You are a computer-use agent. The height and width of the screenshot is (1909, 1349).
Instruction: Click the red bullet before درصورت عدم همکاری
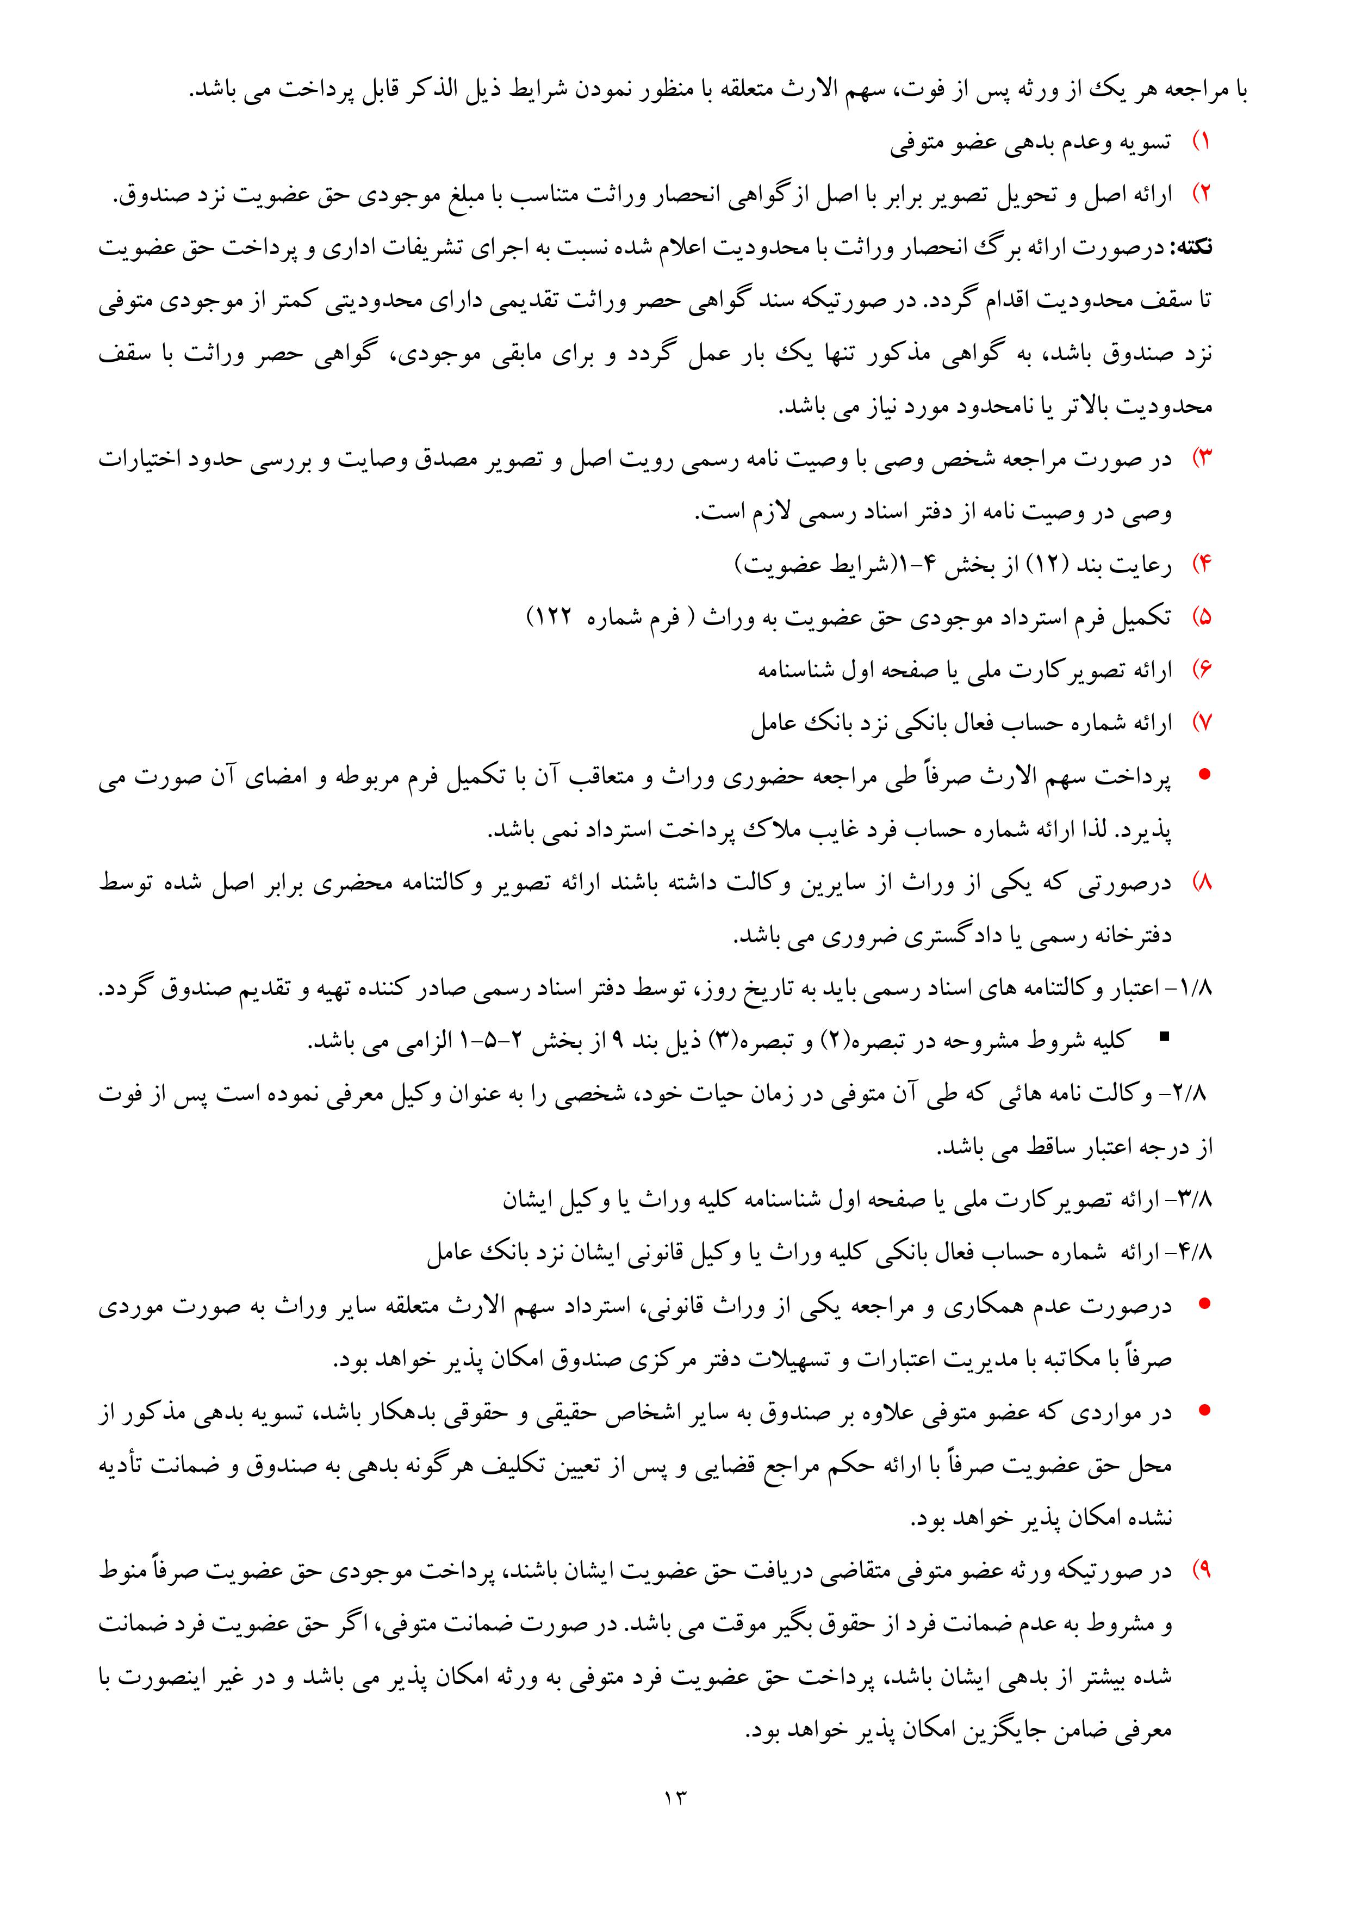click(1202, 1305)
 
